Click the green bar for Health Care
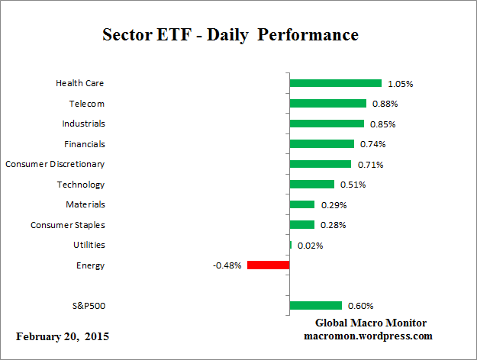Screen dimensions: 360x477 pos(335,83)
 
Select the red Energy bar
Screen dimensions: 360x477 pos(268,265)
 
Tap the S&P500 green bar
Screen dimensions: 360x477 pos(315,306)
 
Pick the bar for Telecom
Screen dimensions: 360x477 pos(327,103)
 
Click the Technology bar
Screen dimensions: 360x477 pos(311,184)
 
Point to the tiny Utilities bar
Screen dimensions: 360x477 pos(291,245)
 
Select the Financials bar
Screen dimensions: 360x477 pos(321,143)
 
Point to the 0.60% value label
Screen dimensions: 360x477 pos(360,306)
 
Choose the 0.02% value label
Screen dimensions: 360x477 pos(309,245)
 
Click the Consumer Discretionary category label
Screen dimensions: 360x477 pos(55,164)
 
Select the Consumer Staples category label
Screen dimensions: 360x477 pos(67,225)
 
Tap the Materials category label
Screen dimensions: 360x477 pos(85,204)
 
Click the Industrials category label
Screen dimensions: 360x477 pos(83,124)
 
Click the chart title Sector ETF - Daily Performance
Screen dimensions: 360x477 pos(230,36)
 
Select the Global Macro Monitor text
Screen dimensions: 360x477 pos(371,323)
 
